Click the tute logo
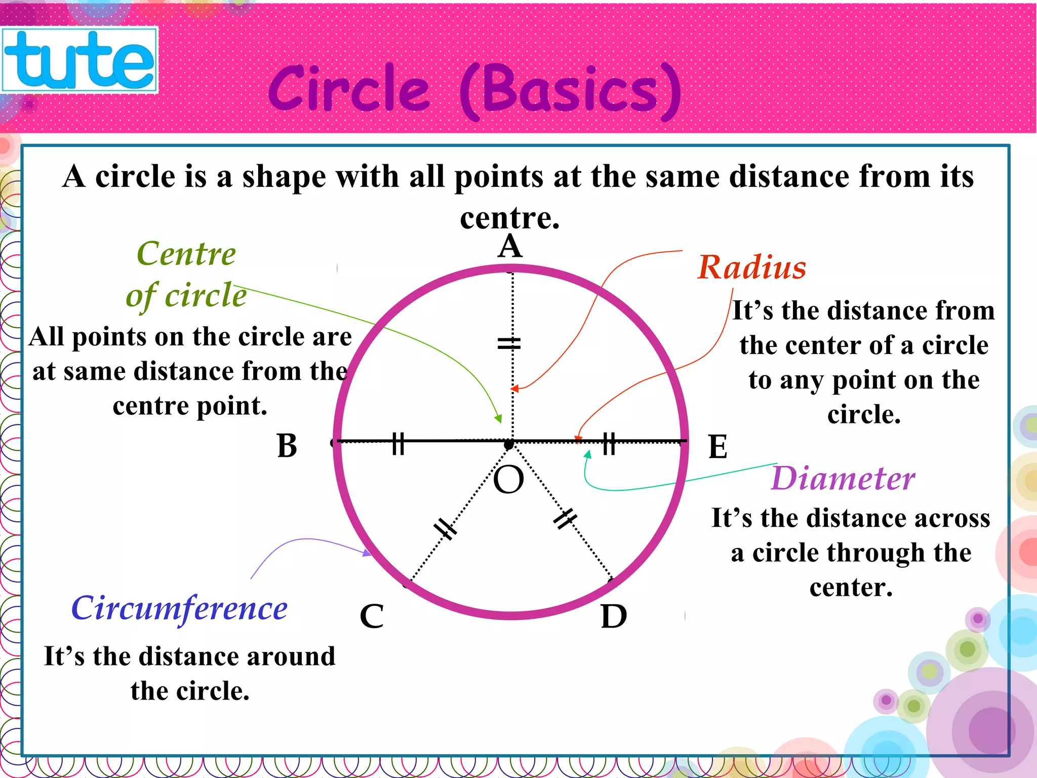coord(79,60)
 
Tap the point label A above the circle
coord(509,247)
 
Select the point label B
coord(287,446)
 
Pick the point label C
coord(372,616)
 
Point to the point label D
coord(614,616)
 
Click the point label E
coord(717,447)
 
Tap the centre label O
coord(508,480)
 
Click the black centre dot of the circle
coord(509,444)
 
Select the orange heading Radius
coord(751,267)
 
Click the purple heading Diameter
coord(843,479)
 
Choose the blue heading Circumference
coord(179,609)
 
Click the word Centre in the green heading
coord(186,254)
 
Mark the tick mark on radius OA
coord(509,344)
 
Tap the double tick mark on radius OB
coord(398,443)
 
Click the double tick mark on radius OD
coord(565,519)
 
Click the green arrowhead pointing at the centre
coord(499,419)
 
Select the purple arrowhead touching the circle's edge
coord(368,553)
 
